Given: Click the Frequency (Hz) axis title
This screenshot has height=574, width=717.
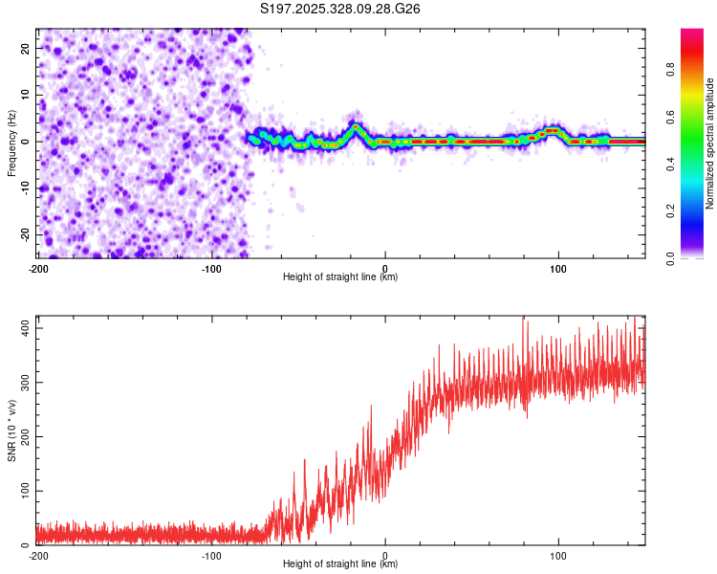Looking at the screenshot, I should [x=11, y=143].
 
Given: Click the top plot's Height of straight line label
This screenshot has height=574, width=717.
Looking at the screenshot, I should [x=340, y=276].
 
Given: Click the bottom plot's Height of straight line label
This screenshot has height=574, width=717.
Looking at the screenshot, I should [x=340, y=563].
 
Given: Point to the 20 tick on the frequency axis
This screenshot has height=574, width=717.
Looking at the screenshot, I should [x=27, y=48].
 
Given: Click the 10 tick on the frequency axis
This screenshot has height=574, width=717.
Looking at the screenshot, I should [x=27, y=95].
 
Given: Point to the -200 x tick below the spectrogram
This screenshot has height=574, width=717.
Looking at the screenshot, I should [x=39, y=267].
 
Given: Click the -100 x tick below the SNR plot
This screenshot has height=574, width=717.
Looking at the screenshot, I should [x=212, y=555].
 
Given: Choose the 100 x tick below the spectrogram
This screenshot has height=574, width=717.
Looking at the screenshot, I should [x=558, y=267].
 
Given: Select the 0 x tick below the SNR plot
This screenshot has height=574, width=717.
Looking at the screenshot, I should [x=385, y=555].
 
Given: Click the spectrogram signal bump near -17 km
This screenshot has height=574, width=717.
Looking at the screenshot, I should [x=356, y=126].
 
